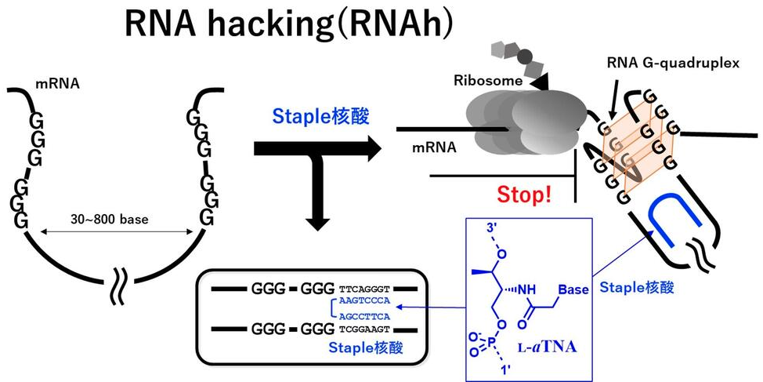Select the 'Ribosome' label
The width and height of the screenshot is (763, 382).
coord(482,81)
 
